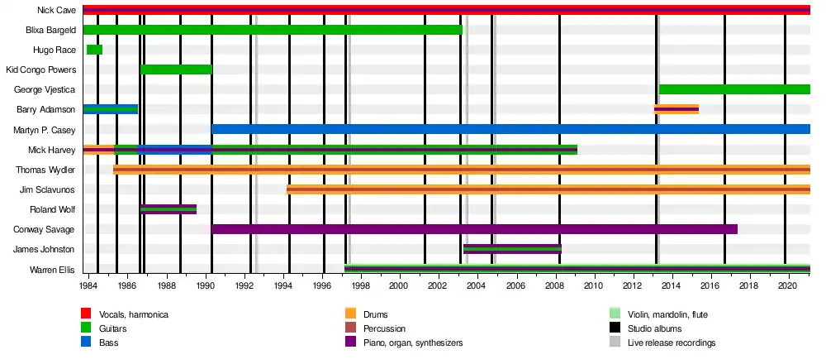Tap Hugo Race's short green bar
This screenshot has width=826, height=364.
(94, 50)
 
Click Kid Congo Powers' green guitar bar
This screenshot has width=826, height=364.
(176, 69)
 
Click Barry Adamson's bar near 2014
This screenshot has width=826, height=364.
(676, 109)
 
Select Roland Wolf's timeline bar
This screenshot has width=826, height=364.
(168, 209)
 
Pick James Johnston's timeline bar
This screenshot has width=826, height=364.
(512, 249)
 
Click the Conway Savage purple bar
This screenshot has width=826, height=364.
(474, 229)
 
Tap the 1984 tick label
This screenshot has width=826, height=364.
(88, 286)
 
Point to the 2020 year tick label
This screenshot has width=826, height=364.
(786, 286)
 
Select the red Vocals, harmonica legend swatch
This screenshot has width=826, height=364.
(86, 314)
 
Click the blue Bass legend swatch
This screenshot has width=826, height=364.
(86, 342)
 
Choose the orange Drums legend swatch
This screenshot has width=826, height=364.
(350, 314)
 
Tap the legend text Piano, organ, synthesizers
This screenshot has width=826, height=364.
(413, 342)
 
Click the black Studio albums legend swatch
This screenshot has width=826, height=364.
(615, 328)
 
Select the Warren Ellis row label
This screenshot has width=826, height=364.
(52, 270)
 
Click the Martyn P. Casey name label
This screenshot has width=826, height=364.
(45, 130)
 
